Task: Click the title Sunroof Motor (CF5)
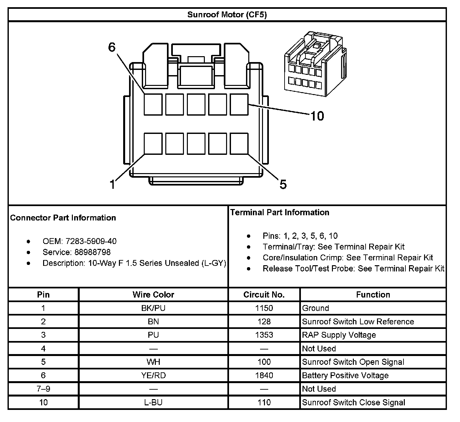227,15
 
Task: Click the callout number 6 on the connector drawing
112,47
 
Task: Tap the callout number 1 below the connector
112,185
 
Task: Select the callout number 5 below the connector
283,185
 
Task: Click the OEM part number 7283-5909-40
91,241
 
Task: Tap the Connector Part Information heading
63,218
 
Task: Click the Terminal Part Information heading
280,212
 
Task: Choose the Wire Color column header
153,295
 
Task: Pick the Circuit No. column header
264,295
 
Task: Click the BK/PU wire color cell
153,308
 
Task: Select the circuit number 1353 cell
264,335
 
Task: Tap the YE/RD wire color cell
153,375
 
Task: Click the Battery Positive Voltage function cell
345,375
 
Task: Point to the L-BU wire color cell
153,402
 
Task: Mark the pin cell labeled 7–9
43,389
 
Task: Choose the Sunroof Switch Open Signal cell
353,362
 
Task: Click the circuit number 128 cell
264,321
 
